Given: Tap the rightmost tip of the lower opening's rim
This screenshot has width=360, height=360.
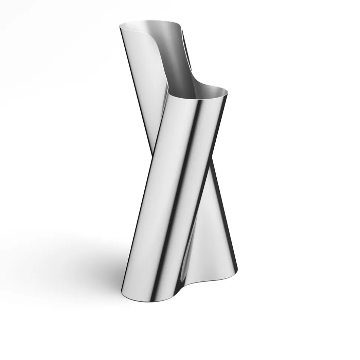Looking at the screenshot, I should pyautogui.click(x=227, y=93).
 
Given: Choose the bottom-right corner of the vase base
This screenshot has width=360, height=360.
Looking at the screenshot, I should pyautogui.click(x=237, y=270).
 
